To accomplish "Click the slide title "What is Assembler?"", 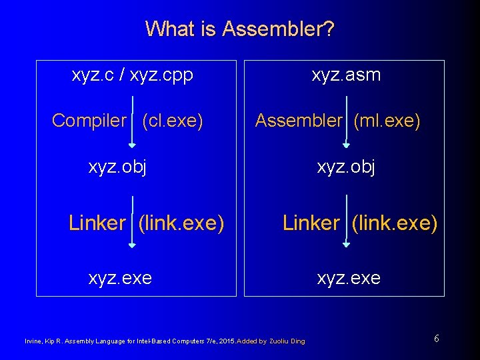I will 240,29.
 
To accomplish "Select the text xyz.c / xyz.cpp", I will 132,75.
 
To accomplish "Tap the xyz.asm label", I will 346,75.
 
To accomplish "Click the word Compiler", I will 89,121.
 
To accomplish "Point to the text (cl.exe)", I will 173,121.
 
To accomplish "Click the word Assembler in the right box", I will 298,121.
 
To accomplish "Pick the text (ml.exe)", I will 387,121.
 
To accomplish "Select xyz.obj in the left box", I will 117,167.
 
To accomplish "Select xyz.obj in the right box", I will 346,167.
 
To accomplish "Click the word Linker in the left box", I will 97,223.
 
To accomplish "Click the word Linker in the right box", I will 311,223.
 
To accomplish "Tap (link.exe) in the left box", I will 181,223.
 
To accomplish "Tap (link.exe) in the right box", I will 394,223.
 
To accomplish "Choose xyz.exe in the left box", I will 120,277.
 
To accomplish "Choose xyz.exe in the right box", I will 349,277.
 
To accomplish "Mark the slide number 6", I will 436,339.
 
